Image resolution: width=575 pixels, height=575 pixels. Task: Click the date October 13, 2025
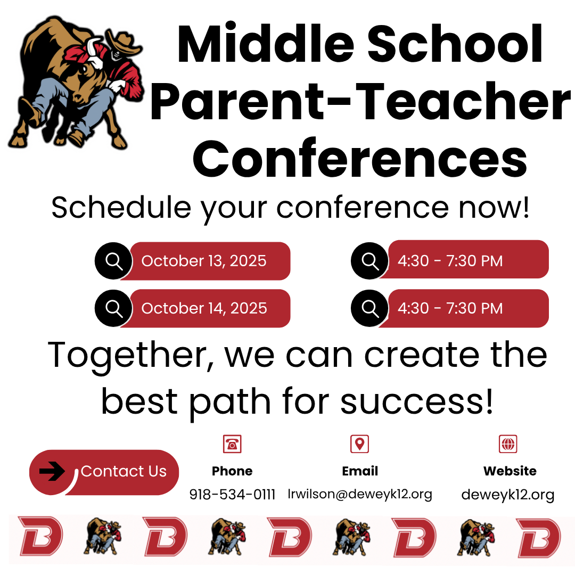tap(204, 261)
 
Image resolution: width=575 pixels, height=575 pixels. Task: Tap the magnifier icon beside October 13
tap(114, 261)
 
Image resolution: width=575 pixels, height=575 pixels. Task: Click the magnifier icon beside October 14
tap(114, 308)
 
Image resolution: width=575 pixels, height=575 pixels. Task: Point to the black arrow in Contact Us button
tap(52, 471)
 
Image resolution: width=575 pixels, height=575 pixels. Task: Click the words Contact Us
tap(124, 471)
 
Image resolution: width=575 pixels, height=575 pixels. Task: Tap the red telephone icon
tap(232, 443)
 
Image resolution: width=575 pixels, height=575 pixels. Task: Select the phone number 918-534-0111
tap(232, 494)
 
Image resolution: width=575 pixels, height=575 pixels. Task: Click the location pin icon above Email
tap(360, 443)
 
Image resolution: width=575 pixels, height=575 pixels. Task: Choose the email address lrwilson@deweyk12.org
tap(360, 494)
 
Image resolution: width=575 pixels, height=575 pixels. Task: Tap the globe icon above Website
tap(508, 443)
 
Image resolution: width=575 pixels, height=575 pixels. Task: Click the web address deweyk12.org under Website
tap(508, 495)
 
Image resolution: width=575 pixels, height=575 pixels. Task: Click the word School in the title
tap(455, 44)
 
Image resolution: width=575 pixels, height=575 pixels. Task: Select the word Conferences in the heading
tap(360, 159)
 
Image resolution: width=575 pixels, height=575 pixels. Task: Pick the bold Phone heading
tap(232, 471)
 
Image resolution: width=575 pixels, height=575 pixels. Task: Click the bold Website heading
tap(510, 471)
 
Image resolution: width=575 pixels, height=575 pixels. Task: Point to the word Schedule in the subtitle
tap(121, 208)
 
